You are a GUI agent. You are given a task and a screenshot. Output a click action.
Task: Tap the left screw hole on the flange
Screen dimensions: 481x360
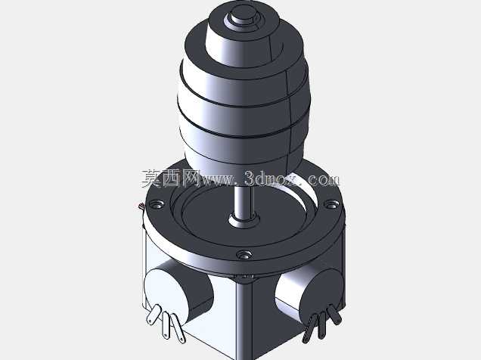(157, 204)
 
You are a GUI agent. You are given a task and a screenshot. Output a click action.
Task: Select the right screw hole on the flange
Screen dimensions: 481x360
(331, 203)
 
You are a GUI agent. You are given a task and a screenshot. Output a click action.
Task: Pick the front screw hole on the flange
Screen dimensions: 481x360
(244, 255)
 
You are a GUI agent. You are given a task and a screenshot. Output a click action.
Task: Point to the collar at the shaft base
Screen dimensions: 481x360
(244, 220)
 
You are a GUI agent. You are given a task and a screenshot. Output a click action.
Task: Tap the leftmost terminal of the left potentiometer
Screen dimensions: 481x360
(154, 314)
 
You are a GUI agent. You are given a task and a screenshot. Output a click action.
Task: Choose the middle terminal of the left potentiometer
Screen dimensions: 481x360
(166, 325)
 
